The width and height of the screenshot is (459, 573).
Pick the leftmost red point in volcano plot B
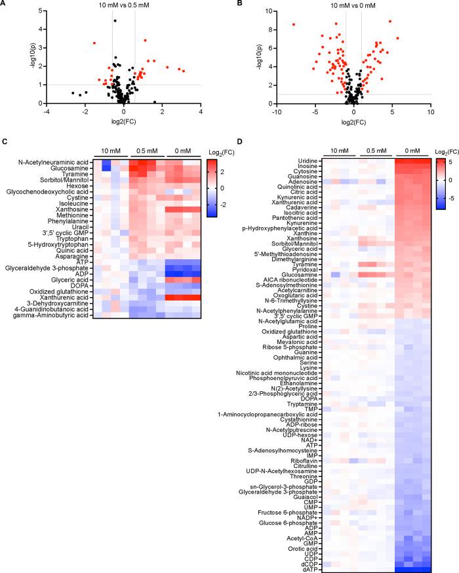point(294,24)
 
